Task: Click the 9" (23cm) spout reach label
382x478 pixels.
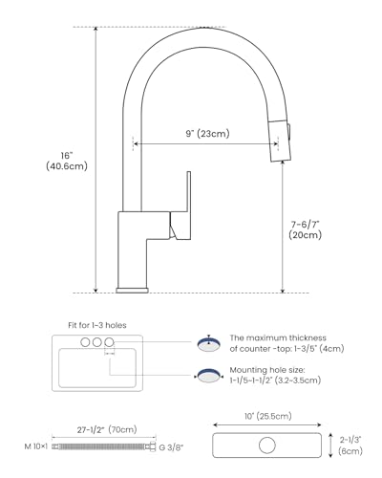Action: [x=207, y=133]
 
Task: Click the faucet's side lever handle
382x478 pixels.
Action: [x=180, y=207]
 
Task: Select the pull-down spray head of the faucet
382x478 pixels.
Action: [x=280, y=141]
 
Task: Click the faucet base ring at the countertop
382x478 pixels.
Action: [x=133, y=291]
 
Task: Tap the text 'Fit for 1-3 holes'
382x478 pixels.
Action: [x=97, y=325]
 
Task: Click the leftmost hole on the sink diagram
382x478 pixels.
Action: [x=85, y=342]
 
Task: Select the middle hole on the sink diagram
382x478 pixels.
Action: [x=97, y=342]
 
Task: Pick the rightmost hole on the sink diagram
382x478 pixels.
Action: [x=109, y=342]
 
